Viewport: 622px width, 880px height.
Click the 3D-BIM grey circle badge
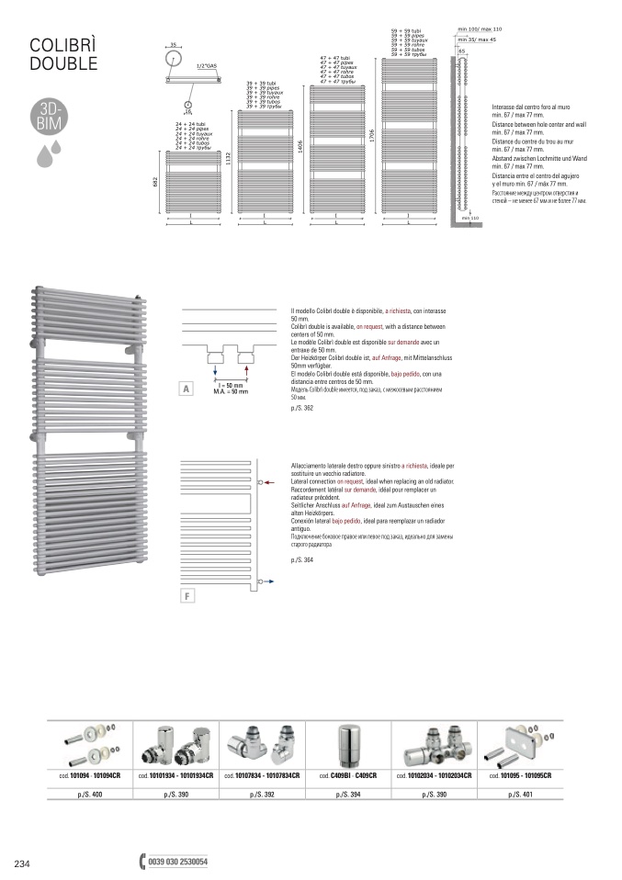[48, 118]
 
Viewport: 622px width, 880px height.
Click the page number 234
[23, 863]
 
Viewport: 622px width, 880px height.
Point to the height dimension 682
[156, 183]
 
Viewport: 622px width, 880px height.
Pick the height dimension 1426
[300, 148]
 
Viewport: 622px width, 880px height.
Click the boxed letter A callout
[186, 389]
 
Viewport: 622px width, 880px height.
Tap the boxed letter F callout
[186, 596]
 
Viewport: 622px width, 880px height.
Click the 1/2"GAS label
[206, 67]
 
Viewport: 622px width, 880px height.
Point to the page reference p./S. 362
[300, 407]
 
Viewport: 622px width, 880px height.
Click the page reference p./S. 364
[300, 559]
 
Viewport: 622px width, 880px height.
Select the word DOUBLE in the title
[62, 64]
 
